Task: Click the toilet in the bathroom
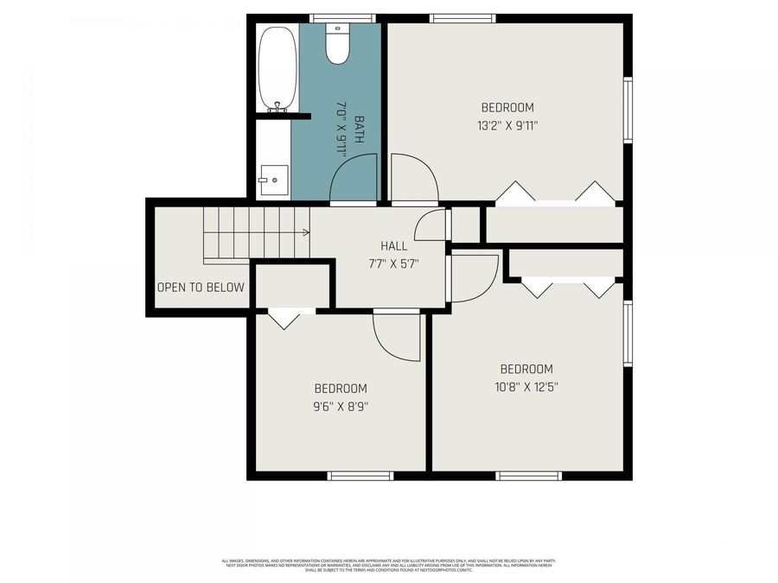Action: (337, 44)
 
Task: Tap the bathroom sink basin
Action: (271, 180)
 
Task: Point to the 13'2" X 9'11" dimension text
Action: (507, 125)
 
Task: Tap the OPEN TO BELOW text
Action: (201, 288)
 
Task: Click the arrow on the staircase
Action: (305, 231)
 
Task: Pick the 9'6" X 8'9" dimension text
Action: (341, 406)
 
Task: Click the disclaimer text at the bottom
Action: (388, 565)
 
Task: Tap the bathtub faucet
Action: (277, 107)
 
